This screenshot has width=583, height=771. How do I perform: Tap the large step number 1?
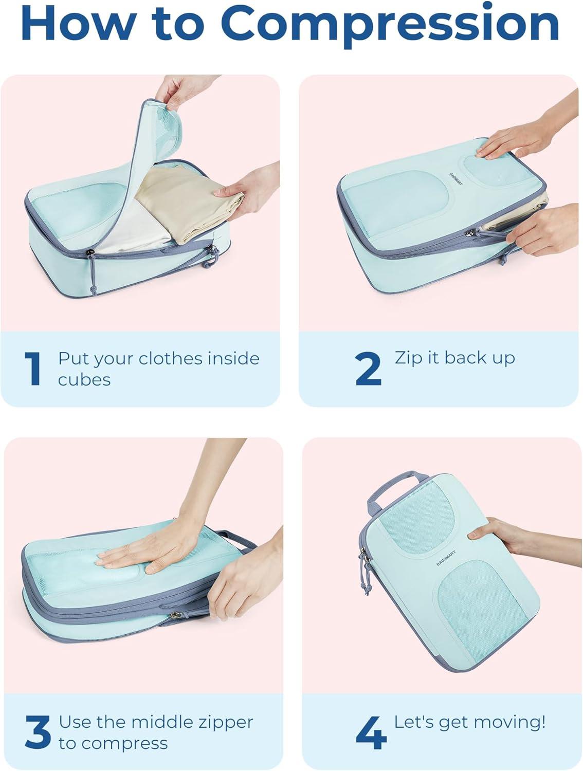[32, 369]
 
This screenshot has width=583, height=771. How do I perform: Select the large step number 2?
[368, 369]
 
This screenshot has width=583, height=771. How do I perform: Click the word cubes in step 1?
[84, 380]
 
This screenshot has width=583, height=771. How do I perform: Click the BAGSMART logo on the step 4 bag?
[446, 558]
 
